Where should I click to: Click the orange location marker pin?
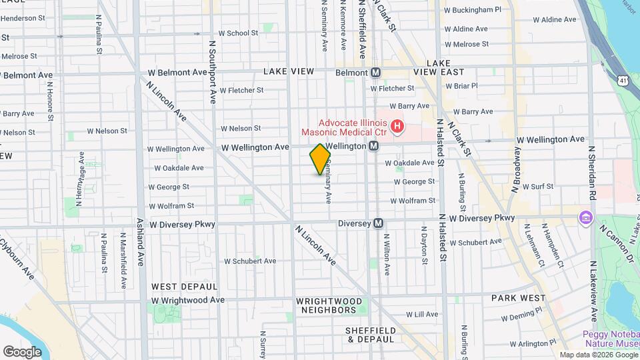[x=320, y=159]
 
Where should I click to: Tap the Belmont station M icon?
[x=376, y=72]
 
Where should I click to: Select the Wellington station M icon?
[x=374, y=145]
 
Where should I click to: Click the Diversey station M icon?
[x=378, y=223]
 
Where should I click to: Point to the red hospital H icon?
[x=397, y=125]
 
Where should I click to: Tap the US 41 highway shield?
[x=622, y=80]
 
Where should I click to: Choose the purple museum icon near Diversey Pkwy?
[x=586, y=217]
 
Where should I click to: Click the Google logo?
[x=22, y=351]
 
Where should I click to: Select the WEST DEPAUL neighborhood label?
[x=184, y=286]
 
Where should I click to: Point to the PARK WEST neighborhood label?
[x=519, y=298]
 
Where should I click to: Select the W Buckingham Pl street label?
[x=472, y=10]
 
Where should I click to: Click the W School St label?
[x=238, y=33]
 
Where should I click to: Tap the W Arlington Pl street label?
[x=529, y=343]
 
